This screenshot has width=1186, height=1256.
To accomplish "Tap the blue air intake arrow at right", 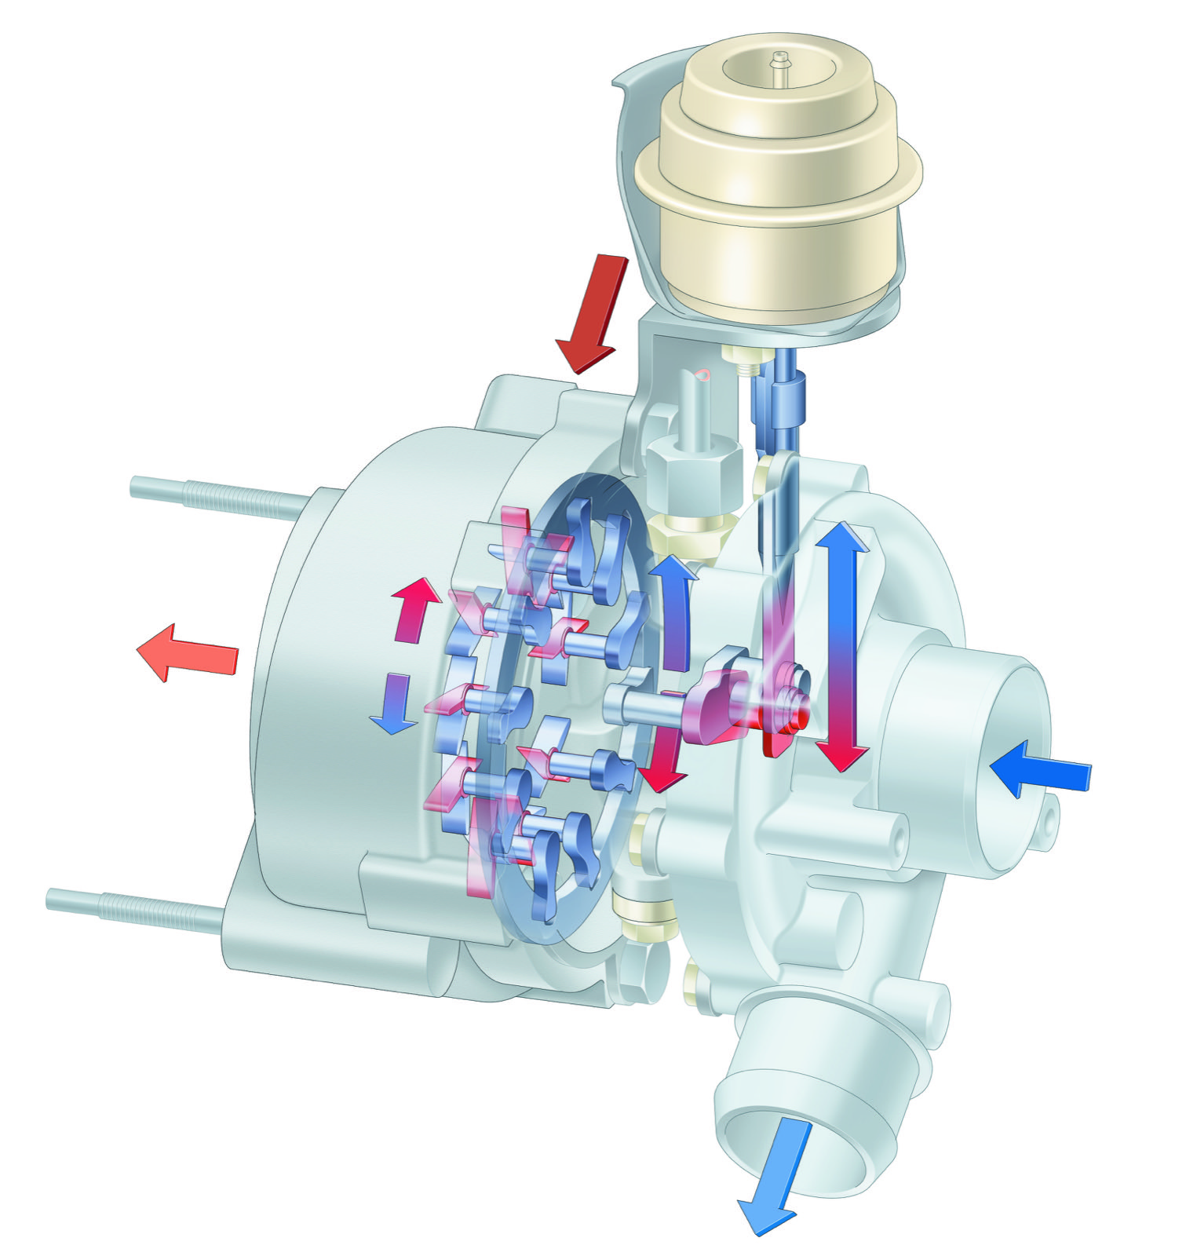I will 1040,769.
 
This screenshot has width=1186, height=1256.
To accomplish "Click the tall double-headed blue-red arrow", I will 842,644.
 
